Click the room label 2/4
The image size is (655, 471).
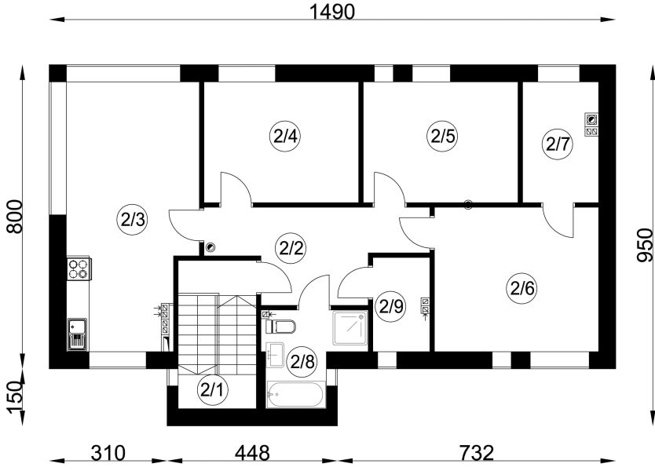pos(286,136)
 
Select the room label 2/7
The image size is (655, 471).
pos(558,144)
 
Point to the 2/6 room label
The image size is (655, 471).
pos(522,287)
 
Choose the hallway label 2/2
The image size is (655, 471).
pos(291,248)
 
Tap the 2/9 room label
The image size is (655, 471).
pos(391,307)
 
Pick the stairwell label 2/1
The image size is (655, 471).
pos(213,390)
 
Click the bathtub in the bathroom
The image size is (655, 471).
pos(296,395)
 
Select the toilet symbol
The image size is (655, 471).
pos(280,326)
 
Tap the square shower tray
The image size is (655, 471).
pos(350,328)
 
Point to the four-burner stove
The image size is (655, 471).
pos(79,268)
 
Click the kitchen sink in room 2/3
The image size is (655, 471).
pos(77,334)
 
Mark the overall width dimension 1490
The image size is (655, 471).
pos(332,12)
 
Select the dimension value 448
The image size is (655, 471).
pos(252,453)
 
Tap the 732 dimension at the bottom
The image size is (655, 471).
pos(477,453)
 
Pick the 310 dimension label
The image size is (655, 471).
pos(108,453)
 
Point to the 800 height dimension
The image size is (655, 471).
pos(16,217)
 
